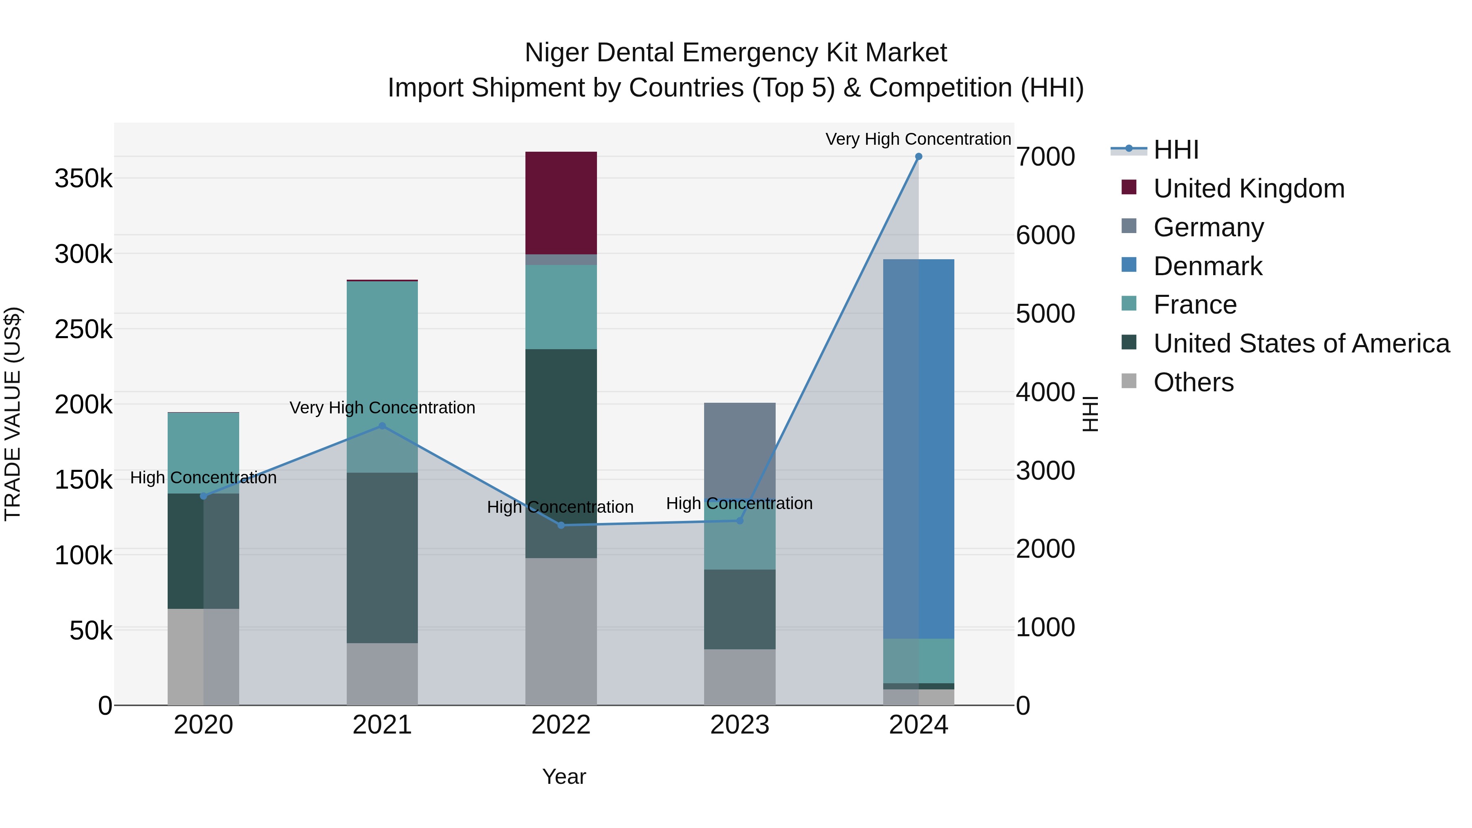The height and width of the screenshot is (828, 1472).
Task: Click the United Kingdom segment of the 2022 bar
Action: [561, 203]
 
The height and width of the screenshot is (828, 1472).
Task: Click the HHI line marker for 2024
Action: [918, 157]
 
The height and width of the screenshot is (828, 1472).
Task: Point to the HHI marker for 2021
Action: [382, 426]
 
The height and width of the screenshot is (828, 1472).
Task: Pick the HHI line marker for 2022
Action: [561, 525]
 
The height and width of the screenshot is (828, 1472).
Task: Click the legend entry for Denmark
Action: [1207, 266]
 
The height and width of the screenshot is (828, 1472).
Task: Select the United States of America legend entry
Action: [1301, 343]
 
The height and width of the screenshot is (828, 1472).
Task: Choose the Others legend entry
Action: [1193, 382]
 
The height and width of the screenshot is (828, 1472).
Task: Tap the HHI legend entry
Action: [1176, 150]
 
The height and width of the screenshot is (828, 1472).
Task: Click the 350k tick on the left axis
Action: [83, 179]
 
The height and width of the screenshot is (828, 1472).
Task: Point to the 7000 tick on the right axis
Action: [1045, 157]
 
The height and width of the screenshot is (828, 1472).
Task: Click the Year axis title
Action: [563, 776]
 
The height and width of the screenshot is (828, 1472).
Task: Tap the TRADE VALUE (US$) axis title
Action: [13, 414]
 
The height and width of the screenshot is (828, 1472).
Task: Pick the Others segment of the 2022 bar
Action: [561, 631]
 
